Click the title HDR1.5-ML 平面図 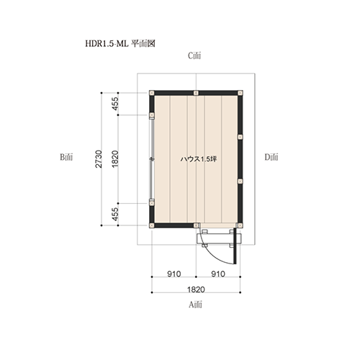click(x=120, y=44)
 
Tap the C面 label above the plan click(x=194, y=55)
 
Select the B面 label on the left click(x=66, y=157)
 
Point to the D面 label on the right click(x=271, y=157)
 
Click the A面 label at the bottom click(x=195, y=305)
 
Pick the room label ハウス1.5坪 click(x=199, y=159)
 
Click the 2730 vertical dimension click(x=99, y=159)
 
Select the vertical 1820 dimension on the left click(x=115, y=159)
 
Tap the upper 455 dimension click(x=115, y=104)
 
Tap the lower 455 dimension click(x=115, y=215)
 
